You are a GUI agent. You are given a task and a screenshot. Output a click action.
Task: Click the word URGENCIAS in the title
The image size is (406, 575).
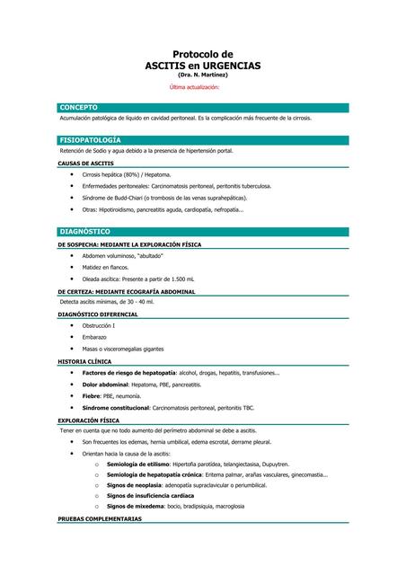[x=228, y=66]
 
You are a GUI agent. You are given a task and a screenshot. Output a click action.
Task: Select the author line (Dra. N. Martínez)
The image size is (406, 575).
[x=203, y=75]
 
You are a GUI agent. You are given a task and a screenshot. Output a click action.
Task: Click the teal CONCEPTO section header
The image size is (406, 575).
[x=79, y=107]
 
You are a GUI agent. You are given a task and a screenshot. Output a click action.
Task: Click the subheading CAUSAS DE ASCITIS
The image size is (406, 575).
[x=86, y=164]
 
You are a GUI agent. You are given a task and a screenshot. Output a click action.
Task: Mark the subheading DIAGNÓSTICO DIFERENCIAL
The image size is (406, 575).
[x=98, y=314]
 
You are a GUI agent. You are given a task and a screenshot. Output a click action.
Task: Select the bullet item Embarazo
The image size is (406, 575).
[x=94, y=337]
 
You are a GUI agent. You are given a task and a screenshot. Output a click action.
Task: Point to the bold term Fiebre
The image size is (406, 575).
[x=91, y=395]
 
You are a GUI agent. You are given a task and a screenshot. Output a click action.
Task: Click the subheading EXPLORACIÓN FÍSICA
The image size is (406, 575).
[x=89, y=420]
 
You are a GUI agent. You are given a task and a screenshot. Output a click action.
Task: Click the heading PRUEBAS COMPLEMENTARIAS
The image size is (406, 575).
[x=100, y=519]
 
